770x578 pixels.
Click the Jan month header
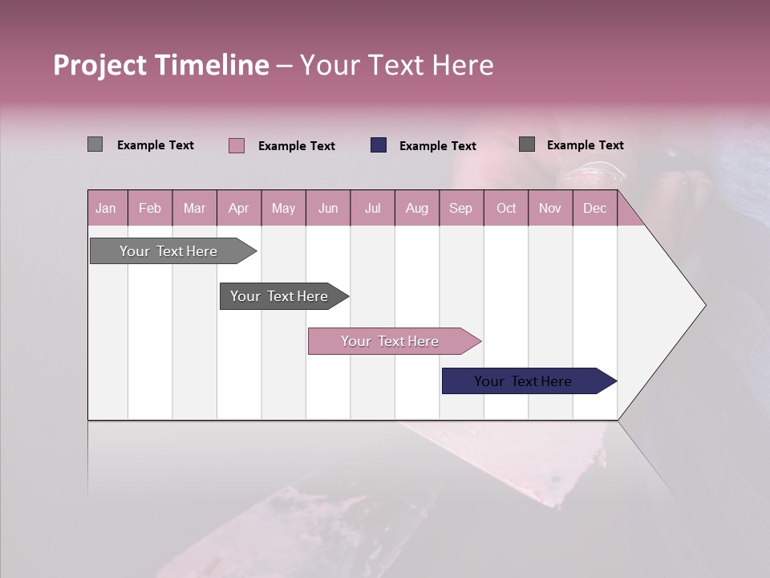click(107, 208)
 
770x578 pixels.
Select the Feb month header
click(150, 208)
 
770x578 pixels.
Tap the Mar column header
click(194, 208)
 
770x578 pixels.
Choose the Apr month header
click(239, 208)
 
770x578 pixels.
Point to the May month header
click(283, 208)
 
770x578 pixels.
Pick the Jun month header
click(328, 208)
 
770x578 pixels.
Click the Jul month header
click(372, 208)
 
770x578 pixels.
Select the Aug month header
click(417, 208)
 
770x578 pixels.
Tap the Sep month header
click(461, 208)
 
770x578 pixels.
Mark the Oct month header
click(506, 208)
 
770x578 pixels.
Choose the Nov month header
click(550, 208)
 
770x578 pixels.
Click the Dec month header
click(595, 208)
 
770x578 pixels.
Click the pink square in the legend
click(237, 145)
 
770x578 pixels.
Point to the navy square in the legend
click(379, 144)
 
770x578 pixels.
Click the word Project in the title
click(99, 65)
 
